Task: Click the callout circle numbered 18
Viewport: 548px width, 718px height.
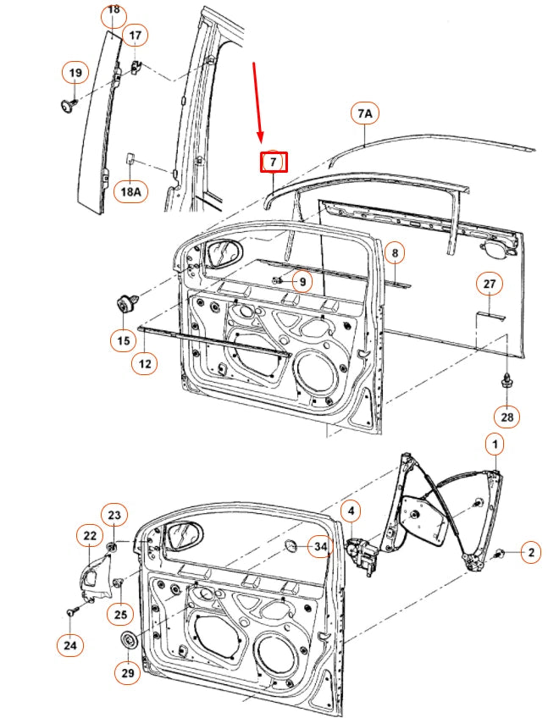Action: (x=113, y=13)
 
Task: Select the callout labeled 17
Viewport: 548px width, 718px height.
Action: (x=135, y=36)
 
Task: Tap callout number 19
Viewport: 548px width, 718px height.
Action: (x=75, y=74)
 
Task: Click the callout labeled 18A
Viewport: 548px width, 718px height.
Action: (x=130, y=192)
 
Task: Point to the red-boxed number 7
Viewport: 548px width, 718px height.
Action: (x=273, y=161)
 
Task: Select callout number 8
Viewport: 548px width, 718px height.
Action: (x=394, y=253)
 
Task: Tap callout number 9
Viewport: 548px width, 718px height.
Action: (x=302, y=280)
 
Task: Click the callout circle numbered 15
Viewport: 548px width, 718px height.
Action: (x=123, y=340)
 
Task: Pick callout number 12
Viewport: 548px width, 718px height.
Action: (x=145, y=364)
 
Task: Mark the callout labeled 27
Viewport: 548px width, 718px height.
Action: (x=489, y=284)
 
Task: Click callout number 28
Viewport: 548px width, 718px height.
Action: (x=508, y=416)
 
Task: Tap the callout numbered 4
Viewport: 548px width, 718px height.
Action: (x=351, y=511)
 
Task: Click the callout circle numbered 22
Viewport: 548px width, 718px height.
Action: (x=89, y=535)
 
